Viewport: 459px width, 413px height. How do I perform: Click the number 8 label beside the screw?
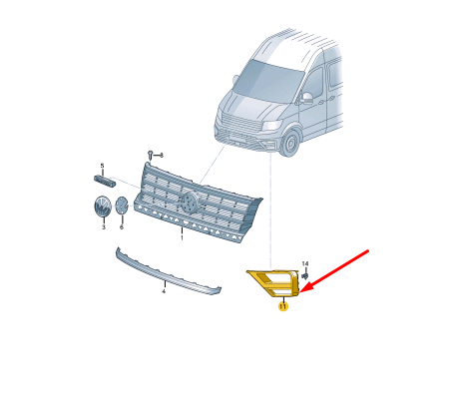(x=162, y=155)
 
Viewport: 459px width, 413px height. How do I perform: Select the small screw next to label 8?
(x=151, y=156)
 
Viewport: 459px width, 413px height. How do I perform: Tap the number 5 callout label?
(x=103, y=166)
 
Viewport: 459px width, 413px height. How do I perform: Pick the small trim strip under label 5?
(x=105, y=181)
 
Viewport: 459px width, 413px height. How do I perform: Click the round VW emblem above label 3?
(x=102, y=206)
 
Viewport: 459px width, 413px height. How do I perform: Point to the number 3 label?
(x=104, y=227)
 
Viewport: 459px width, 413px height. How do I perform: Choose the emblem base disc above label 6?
(x=122, y=206)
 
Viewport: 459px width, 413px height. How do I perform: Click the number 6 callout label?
(x=122, y=227)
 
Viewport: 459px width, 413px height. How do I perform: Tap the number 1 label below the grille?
(x=182, y=237)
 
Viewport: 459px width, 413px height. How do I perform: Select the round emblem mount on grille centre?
(x=190, y=203)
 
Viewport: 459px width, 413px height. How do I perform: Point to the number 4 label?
(x=164, y=291)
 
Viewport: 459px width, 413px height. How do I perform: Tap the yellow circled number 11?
(x=283, y=306)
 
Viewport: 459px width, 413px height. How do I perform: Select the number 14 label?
(x=305, y=263)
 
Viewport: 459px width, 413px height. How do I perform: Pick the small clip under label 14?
(x=305, y=276)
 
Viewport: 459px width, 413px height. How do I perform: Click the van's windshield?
(x=268, y=80)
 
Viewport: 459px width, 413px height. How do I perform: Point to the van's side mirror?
(x=306, y=98)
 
